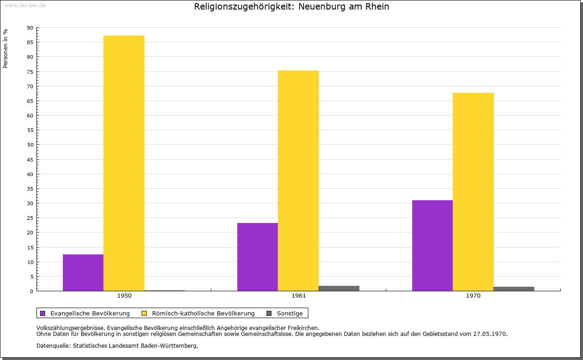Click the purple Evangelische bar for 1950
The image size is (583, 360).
[x=83, y=273]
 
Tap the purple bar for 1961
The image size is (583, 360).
[x=257, y=257]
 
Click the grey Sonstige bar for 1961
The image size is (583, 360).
[x=339, y=288]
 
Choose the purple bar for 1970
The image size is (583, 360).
[x=432, y=245]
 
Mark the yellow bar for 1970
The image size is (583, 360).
[x=473, y=192]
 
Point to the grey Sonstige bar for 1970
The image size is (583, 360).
[x=514, y=289]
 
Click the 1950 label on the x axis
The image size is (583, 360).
[x=124, y=296]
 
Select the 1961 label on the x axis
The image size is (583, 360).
[x=299, y=296]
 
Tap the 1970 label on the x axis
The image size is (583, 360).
[x=473, y=296]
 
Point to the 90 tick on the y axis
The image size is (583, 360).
[x=30, y=28]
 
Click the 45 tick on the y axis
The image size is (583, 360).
[x=30, y=159]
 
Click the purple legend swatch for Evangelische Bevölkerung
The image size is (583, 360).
[x=43, y=313]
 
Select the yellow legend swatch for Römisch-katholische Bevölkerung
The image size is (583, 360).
[x=144, y=313]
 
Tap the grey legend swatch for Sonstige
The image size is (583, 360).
[x=269, y=313]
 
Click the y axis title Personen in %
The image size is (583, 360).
[x=5, y=48]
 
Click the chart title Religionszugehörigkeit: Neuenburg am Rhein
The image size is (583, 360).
[x=291, y=7]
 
